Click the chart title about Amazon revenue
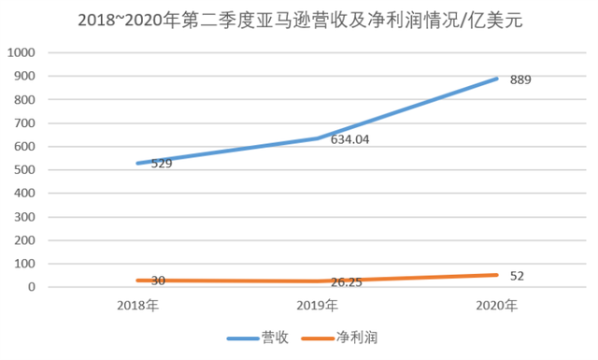coord(299,19)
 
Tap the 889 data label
coord(520,81)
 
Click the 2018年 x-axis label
coord(137,306)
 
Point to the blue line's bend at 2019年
coord(317,138)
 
